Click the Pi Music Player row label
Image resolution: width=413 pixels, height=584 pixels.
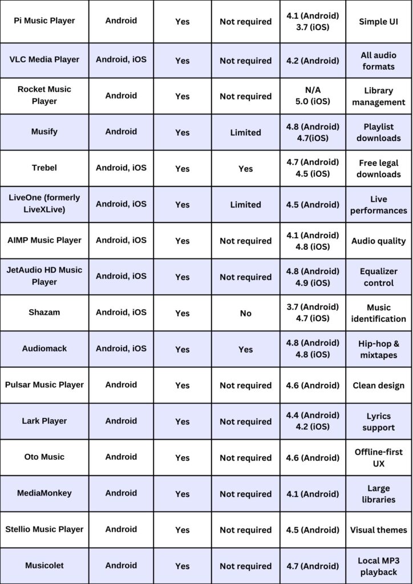tap(44, 21)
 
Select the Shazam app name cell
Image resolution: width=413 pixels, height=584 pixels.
tap(44, 313)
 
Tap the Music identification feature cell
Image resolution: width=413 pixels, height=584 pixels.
tap(379, 313)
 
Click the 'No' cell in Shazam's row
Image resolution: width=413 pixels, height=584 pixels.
tap(245, 313)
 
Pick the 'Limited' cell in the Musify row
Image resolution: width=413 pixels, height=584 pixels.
tap(245, 132)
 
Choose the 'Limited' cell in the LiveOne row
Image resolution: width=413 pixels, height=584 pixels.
tap(245, 205)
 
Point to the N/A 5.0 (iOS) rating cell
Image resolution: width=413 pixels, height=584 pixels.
tap(313, 96)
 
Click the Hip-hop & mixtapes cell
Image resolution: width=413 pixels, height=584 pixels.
tap(379, 349)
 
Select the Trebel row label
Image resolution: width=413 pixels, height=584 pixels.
tap(44, 168)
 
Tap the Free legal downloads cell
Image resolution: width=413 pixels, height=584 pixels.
tap(379, 168)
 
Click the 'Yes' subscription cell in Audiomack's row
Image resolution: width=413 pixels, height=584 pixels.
tap(245, 349)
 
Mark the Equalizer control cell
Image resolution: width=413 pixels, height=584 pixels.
tap(379, 277)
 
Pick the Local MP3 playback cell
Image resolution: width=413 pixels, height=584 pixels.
tap(379, 566)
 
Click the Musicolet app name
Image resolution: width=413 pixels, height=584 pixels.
tap(44, 566)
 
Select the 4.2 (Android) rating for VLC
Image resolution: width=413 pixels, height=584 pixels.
tap(313, 60)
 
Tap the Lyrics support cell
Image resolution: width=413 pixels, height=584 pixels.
tap(379, 421)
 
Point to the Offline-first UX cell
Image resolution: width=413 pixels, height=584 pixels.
tap(379, 457)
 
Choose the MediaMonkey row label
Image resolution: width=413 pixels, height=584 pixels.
tap(44, 493)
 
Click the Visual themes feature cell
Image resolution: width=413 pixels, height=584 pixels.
tap(379, 530)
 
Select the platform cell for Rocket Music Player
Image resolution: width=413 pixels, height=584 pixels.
tap(121, 96)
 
